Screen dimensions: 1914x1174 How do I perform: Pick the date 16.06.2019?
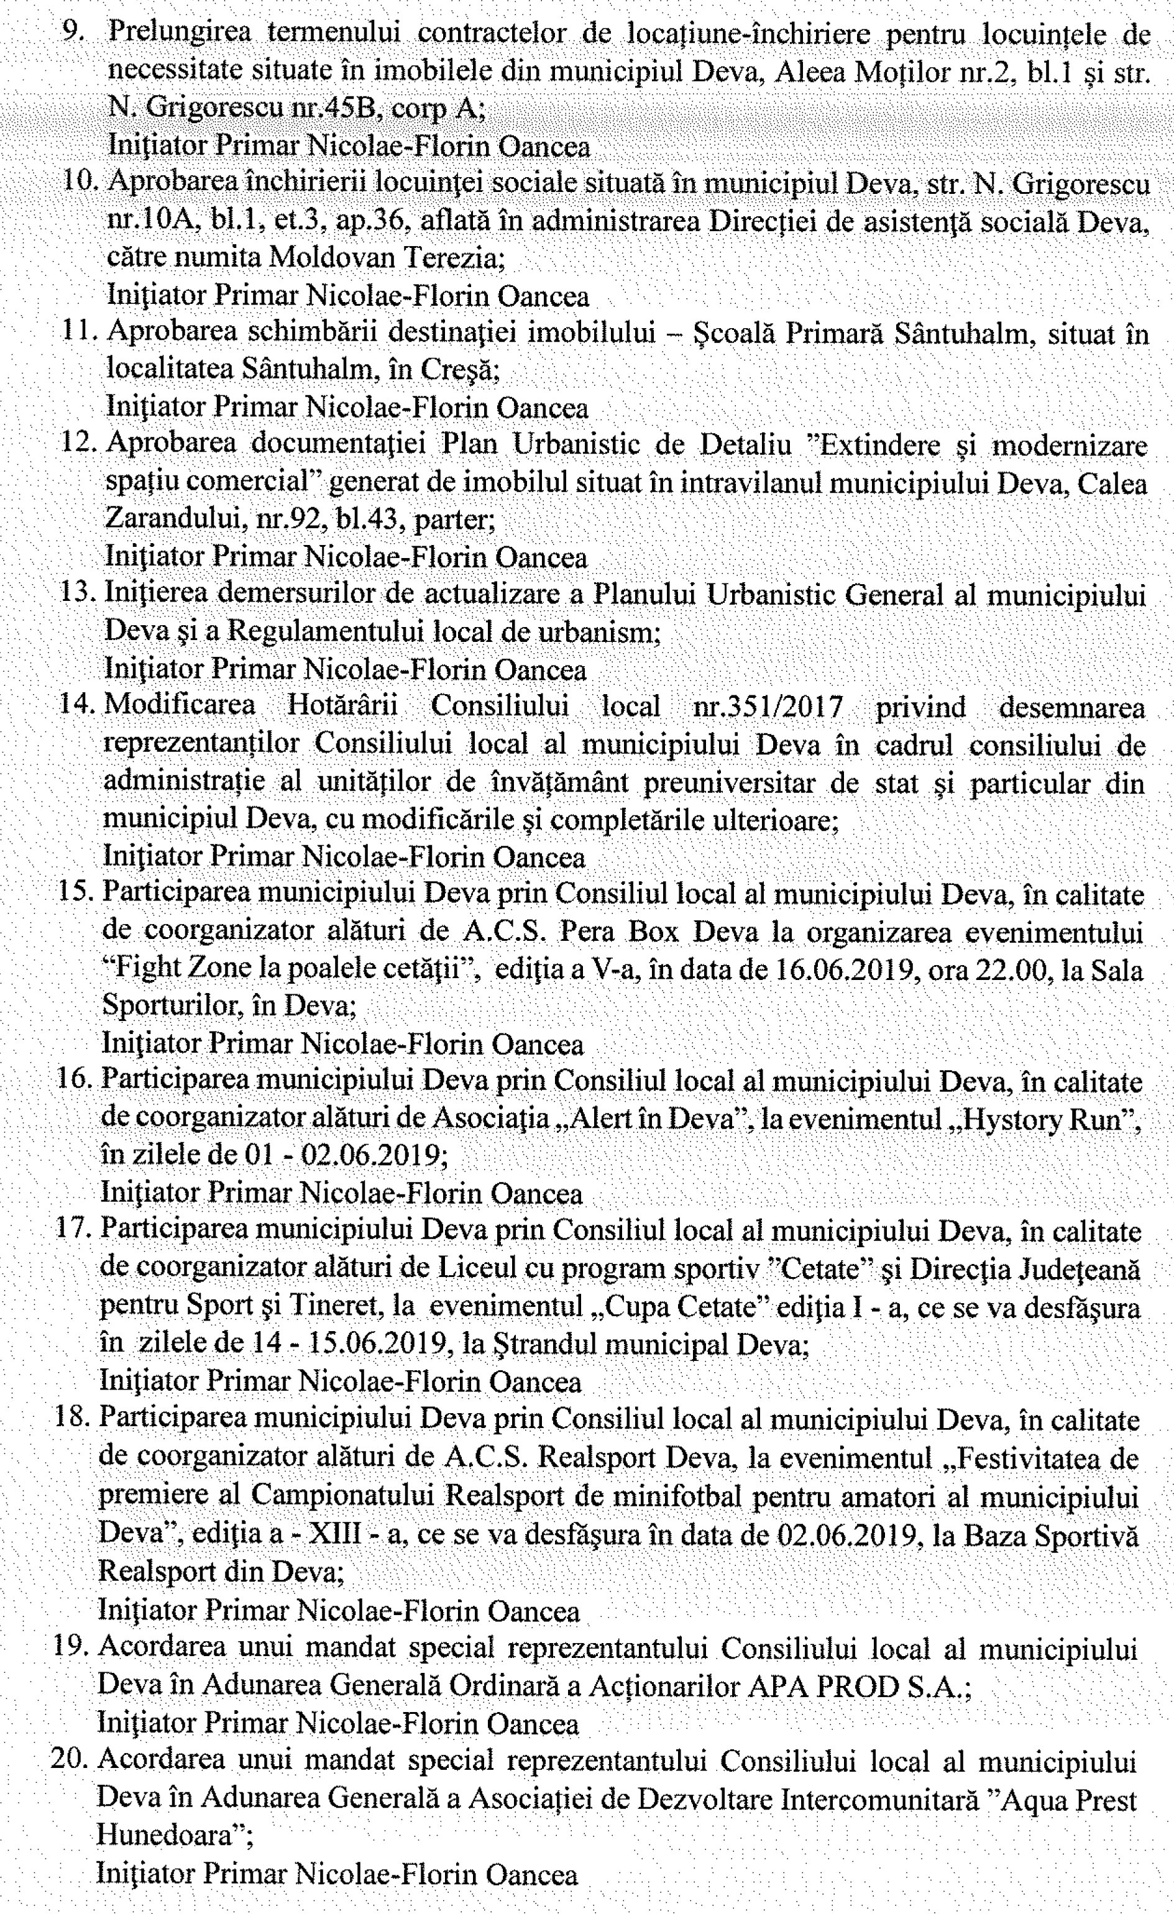coord(845,969)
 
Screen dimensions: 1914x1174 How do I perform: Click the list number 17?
coord(74,1232)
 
